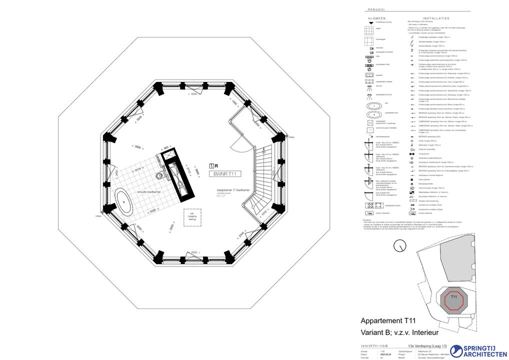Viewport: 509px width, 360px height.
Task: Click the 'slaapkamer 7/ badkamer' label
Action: point(229,190)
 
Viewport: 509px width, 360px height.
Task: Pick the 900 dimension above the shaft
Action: point(165,147)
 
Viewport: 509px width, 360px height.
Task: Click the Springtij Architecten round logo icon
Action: point(457,351)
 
